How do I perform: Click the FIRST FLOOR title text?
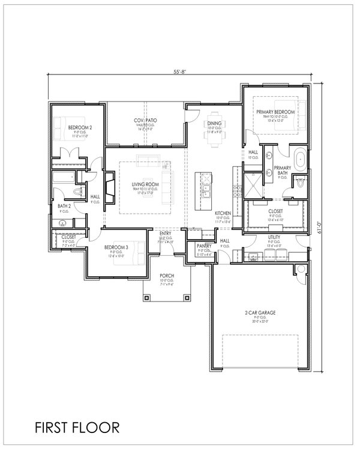coord(76,427)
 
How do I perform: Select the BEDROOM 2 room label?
coord(79,127)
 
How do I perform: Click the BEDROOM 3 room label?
coord(118,247)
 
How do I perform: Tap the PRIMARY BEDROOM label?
coord(275,112)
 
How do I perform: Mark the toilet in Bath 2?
coord(76,192)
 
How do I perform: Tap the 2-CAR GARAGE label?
coord(259,313)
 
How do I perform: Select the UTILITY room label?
coord(275,238)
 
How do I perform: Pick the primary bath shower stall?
coord(252,183)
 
